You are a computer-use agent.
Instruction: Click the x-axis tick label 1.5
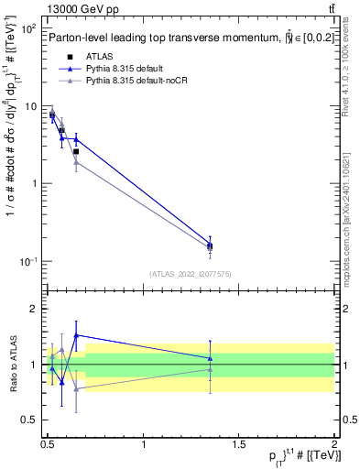pos(239,445)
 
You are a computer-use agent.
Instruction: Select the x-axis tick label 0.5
pos(48,445)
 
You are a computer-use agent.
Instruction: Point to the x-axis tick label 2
pos(334,445)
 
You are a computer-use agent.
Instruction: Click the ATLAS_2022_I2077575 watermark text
pos(191,274)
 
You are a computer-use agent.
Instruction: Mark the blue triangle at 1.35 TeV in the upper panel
pos(210,245)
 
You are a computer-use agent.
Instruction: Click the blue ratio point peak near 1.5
pos(76,335)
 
